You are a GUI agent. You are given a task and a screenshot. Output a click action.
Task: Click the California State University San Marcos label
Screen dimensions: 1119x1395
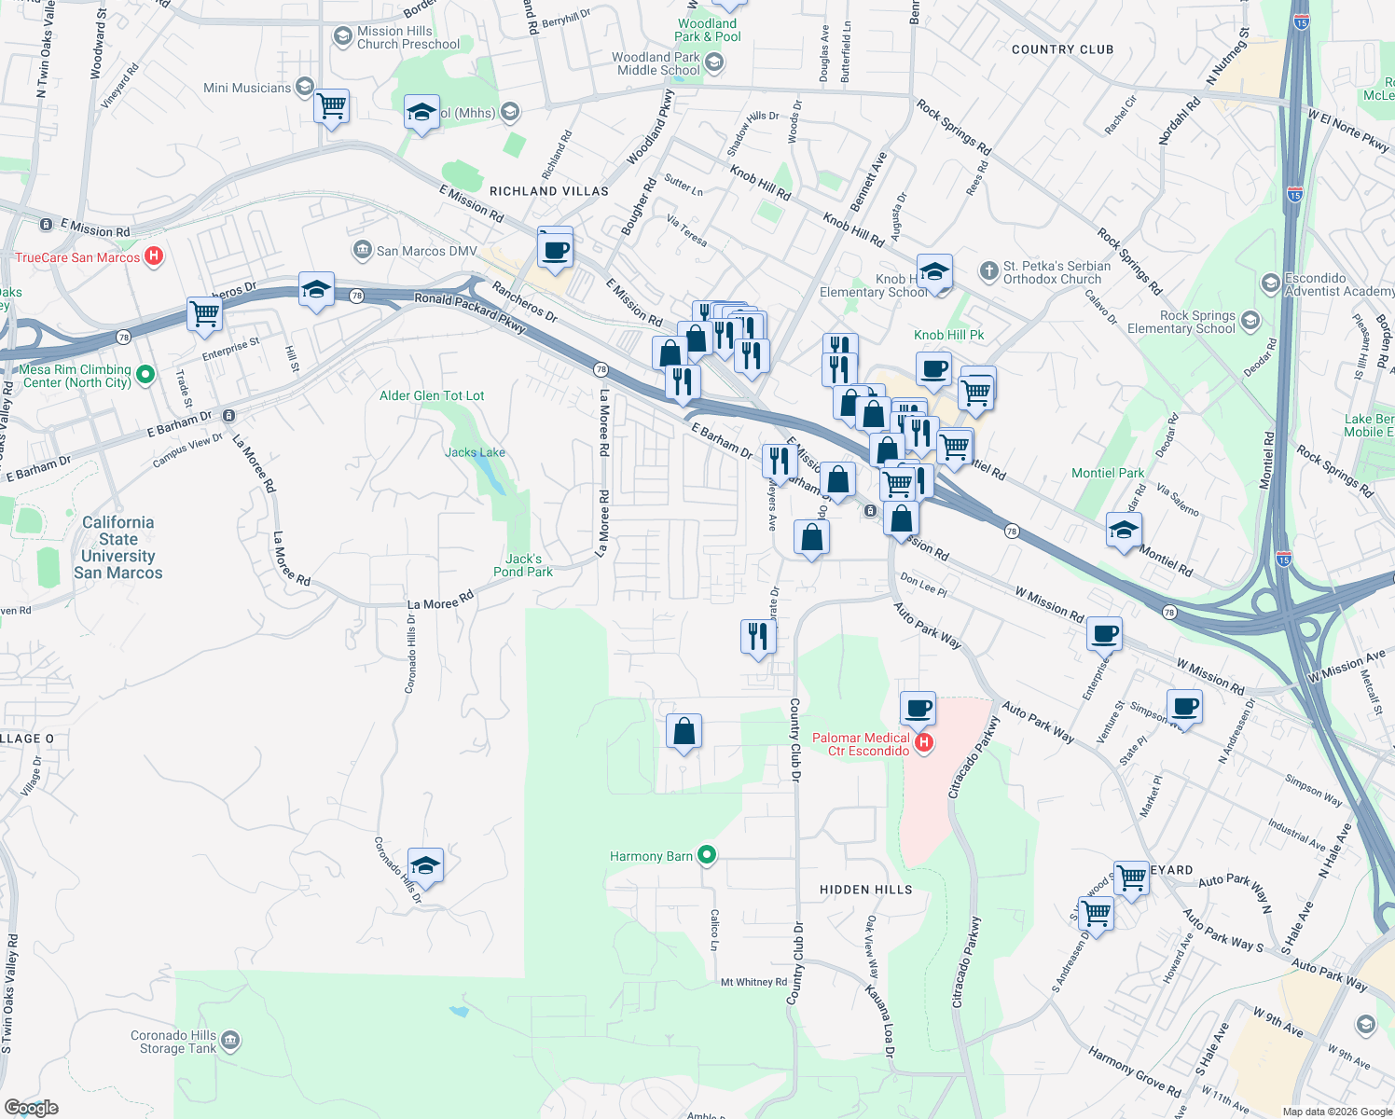[118, 548]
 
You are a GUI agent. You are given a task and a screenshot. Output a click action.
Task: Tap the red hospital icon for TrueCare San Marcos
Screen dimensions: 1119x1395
[155, 256]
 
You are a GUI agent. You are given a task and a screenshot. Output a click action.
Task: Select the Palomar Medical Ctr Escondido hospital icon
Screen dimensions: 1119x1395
[924, 743]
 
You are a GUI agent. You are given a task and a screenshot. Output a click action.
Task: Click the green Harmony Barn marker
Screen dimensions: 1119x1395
[707, 854]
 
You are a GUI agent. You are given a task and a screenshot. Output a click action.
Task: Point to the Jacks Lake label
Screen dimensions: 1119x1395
[475, 453]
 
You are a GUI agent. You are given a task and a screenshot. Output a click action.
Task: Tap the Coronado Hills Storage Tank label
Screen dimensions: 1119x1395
[173, 1042]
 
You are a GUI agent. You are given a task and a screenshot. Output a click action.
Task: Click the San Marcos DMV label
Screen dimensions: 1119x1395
[426, 251]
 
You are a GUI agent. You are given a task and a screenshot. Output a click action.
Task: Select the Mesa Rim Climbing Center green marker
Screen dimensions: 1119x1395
[145, 375]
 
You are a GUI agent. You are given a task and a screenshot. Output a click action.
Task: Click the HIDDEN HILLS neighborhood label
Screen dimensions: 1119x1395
[865, 890]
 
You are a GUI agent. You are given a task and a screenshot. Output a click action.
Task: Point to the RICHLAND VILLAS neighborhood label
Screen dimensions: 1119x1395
[548, 191]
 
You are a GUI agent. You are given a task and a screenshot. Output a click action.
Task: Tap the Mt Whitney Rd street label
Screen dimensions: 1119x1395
[753, 982]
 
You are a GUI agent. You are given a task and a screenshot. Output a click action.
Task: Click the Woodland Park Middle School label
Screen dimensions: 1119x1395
[658, 63]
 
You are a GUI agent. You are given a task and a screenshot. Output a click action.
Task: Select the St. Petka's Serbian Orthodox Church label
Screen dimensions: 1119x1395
[1057, 272]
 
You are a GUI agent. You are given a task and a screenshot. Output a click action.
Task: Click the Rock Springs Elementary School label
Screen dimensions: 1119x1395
[1181, 322]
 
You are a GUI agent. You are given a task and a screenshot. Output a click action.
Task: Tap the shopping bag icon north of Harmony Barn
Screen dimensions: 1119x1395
[684, 733]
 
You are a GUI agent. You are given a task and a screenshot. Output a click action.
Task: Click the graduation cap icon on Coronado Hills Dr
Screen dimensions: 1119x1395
[425, 866]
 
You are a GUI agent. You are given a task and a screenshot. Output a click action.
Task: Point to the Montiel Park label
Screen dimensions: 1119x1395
[1107, 474]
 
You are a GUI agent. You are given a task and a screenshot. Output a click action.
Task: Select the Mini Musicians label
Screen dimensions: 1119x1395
[247, 88]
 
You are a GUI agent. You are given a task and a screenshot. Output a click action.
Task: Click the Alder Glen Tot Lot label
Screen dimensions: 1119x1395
[432, 396]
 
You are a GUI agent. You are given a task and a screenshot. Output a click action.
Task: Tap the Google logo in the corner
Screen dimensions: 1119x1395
[32, 1107]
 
